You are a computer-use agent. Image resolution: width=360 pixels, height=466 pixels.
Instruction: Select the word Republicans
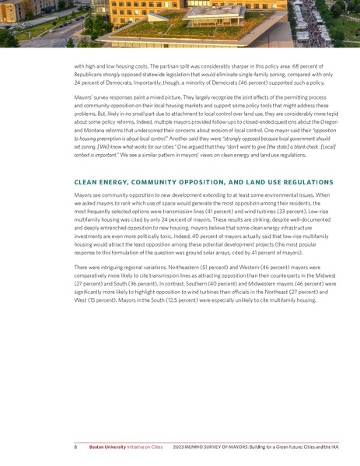(90, 75)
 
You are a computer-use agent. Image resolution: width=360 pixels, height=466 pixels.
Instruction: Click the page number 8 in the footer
(75, 449)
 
